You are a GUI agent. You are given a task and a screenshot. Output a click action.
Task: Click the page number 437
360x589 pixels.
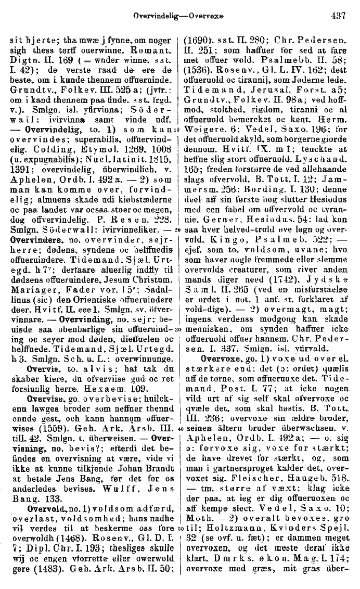click(x=338, y=16)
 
